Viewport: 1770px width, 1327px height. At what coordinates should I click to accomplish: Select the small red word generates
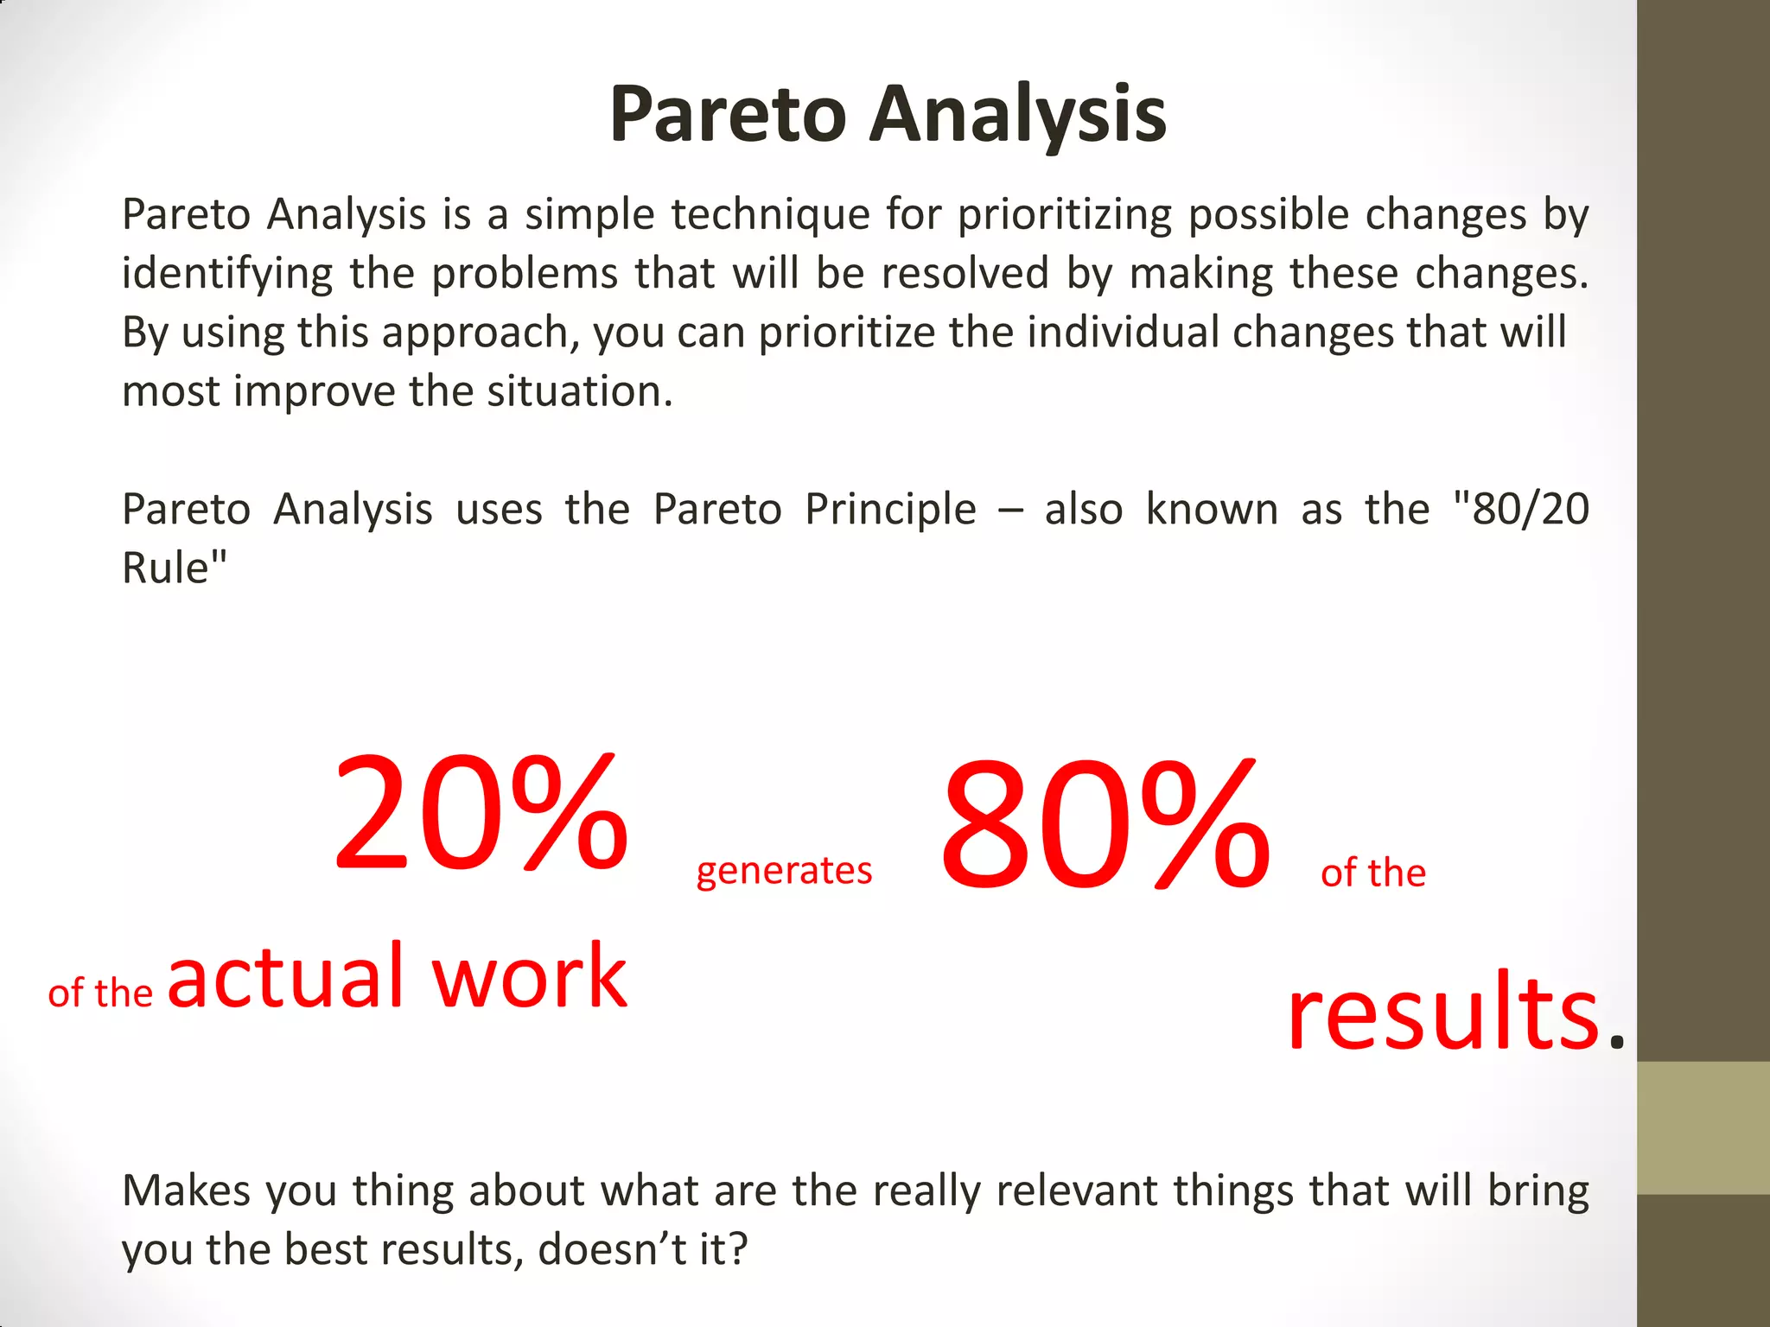pos(784,871)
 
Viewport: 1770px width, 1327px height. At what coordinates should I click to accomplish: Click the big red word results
pos(1443,1011)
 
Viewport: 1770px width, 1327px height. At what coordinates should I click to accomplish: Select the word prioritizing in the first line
pos(1064,214)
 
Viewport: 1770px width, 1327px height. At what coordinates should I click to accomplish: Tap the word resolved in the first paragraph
pos(965,273)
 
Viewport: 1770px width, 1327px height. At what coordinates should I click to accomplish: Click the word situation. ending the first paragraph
pos(579,391)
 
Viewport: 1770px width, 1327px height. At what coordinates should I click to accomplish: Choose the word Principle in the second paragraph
pos(890,509)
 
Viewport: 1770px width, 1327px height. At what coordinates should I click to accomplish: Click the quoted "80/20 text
pos(1521,509)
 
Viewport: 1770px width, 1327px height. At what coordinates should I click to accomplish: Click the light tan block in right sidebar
pos(1703,1128)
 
